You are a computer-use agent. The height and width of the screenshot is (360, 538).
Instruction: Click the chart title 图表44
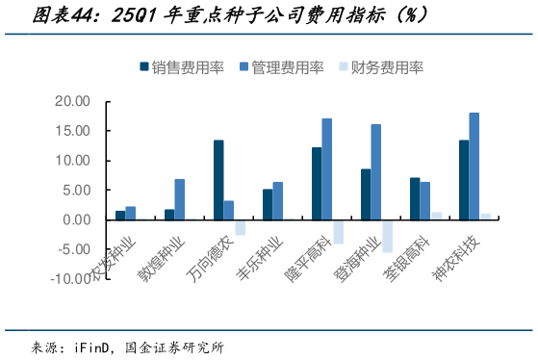pyautogui.click(x=58, y=15)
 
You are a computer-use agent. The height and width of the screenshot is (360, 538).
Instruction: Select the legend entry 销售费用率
pyautogui.click(x=186, y=67)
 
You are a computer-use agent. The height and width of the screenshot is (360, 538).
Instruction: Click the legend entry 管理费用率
pyautogui.click(x=287, y=67)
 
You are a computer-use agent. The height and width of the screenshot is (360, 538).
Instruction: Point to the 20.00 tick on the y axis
pyautogui.click(x=71, y=101)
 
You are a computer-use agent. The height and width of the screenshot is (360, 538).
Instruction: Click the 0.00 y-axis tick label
pyautogui.click(x=77, y=219)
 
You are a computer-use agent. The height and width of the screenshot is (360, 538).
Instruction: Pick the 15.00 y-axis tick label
pyautogui.click(x=71, y=131)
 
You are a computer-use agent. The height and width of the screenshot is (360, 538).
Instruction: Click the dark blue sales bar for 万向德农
pyautogui.click(x=218, y=180)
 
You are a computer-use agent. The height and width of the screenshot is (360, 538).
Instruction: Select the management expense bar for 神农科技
pyautogui.click(x=474, y=167)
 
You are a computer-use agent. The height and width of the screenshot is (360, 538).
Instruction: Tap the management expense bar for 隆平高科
pyautogui.click(x=327, y=169)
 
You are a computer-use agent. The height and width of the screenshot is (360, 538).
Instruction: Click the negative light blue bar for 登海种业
pyautogui.click(x=387, y=236)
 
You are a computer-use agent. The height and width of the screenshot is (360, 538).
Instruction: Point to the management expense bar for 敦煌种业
pyautogui.click(x=180, y=199)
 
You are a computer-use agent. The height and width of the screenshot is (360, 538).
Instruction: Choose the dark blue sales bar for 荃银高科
pyautogui.click(x=415, y=198)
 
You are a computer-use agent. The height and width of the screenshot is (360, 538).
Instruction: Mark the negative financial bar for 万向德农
pyautogui.click(x=240, y=227)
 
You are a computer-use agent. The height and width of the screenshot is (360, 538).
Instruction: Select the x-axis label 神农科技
pyautogui.click(x=459, y=254)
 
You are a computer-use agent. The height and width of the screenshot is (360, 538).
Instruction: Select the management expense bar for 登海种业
pyautogui.click(x=376, y=172)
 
